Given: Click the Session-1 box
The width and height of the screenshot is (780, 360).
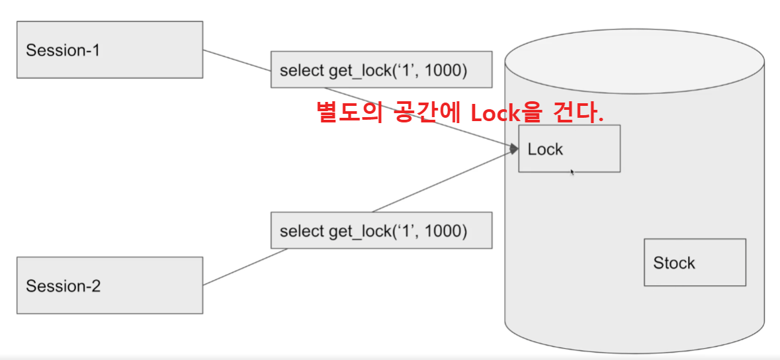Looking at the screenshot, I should coord(109,50).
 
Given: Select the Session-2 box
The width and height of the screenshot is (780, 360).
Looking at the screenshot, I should coord(109,285).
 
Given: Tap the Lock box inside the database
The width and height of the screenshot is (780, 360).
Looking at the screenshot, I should coord(569,149).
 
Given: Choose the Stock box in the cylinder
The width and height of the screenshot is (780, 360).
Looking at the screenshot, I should coord(695,263).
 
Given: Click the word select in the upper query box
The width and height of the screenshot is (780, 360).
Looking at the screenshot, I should coord(302,70).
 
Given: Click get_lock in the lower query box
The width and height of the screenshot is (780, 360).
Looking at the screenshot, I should coord(358,232).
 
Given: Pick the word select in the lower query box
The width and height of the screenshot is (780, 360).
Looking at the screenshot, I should coord(302,232).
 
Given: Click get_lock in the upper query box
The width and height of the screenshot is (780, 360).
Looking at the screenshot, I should coord(358,70).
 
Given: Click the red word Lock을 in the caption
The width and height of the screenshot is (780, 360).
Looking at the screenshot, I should coord(505,112).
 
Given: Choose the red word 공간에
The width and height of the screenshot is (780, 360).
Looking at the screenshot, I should coord(423,112).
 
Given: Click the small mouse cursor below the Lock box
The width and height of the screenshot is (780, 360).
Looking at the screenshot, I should coord(572,172).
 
